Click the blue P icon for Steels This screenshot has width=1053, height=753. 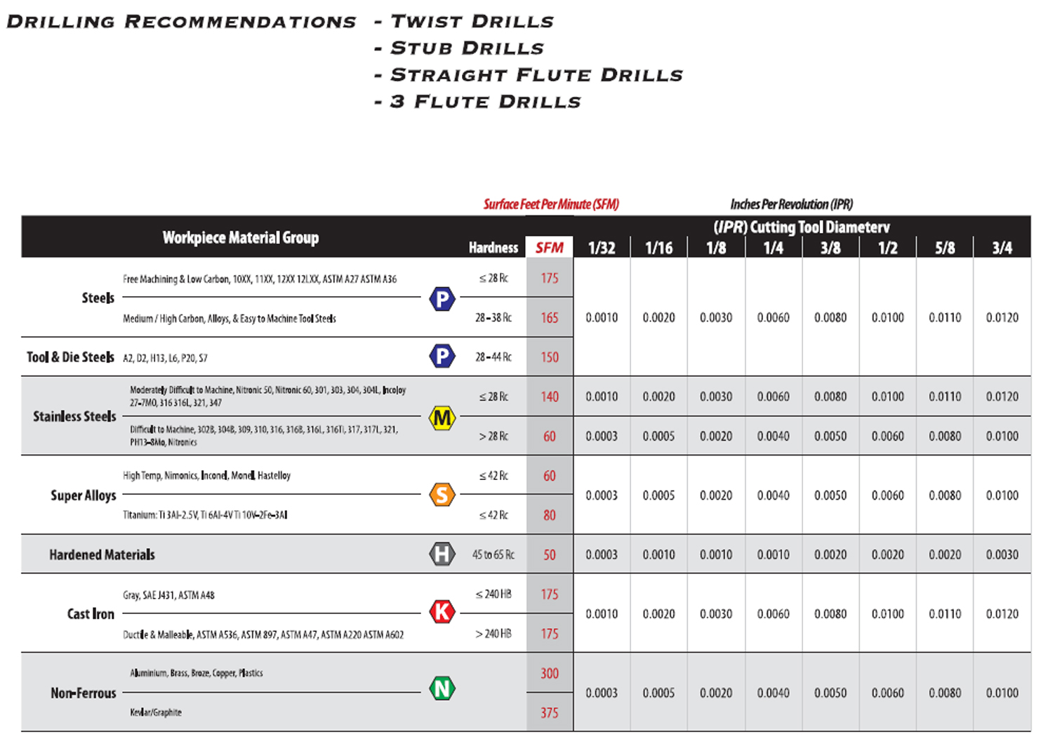pyautogui.click(x=442, y=299)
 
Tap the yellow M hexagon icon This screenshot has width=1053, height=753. pyautogui.click(x=442, y=418)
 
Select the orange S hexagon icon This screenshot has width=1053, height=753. pyautogui.click(x=442, y=495)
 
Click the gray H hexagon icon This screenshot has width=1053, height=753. pyautogui.click(x=442, y=554)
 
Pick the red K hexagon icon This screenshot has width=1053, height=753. pyautogui.click(x=442, y=612)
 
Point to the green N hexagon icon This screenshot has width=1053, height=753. pyautogui.click(x=442, y=688)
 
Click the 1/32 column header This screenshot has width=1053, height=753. pyautogui.click(x=602, y=248)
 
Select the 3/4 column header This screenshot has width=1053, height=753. pyautogui.click(x=1002, y=248)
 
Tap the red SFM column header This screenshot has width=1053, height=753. pyautogui.click(x=549, y=248)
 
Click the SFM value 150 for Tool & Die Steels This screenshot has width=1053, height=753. pyautogui.click(x=550, y=357)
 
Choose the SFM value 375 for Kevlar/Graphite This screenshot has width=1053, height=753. pyautogui.click(x=550, y=713)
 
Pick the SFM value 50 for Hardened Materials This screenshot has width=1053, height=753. pyautogui.click(x=550, y=555)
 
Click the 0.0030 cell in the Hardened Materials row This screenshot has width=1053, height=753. pyautogui.click(x=1002, y=554)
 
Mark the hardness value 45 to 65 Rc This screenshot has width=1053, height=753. pyautogui.click(x=493, y=554)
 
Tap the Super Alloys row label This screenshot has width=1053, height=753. pyautogui.click(x=84, y=495)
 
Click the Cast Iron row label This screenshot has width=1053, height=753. pyautogui.click(x=91, y=614)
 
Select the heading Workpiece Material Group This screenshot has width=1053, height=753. pyautogui.click(x=241, y=238)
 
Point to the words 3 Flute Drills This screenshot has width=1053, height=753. pyautogui.click(x=486, y=102)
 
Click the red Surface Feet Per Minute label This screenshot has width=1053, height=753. pyautogui.click(x=551, y=204)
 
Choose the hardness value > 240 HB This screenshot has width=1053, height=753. pyautogui.click(x=493, y=634)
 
